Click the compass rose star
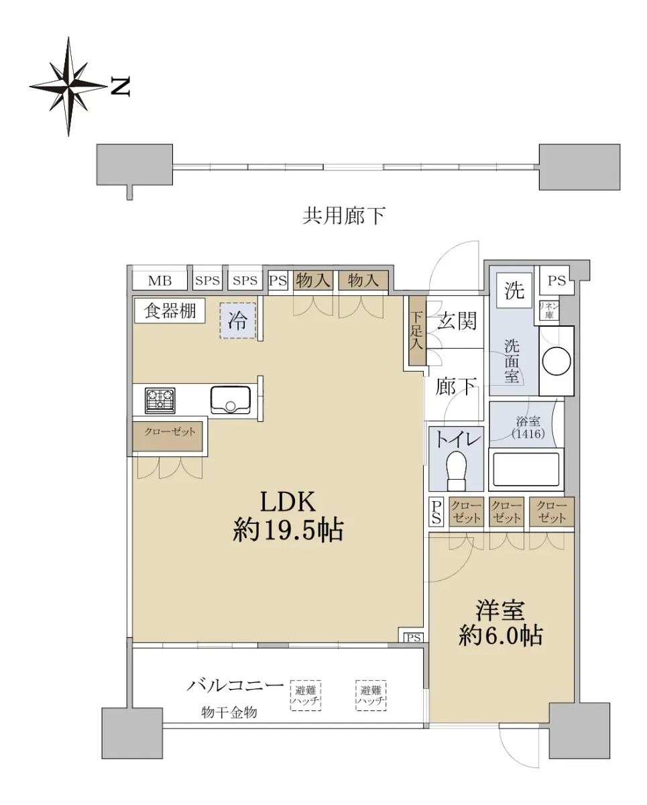[x=68, y=87]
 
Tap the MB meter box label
[x=160, y=280]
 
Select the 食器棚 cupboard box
[x=170, y=311]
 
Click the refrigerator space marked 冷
[x=238, y=321]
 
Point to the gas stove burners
[x=160, y=400]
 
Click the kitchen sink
[x=231, y=400]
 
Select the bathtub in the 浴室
[x=526, y=469]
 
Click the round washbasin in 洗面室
[x=556, y=362]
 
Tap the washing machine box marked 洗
[x=514, y=290]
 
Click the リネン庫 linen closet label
[x=549, y=310]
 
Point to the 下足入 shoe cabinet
[x=417, y=331]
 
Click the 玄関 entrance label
[x=457, y=321]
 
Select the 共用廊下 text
[x=344, y=216]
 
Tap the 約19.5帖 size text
[x=288, y=530]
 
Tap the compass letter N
[x=121, y=87]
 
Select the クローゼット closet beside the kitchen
[x=168, y=437]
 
